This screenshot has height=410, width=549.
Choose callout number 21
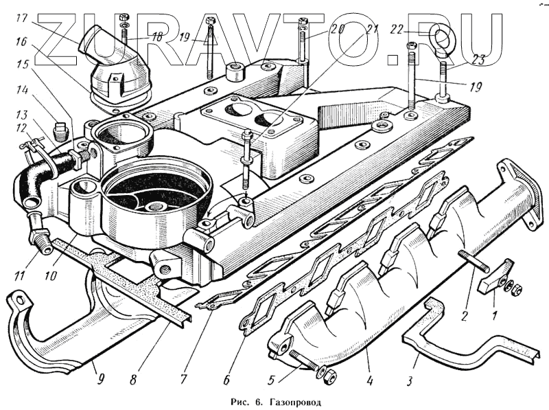tap(373, 29)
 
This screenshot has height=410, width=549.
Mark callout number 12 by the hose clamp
tap(21, 128)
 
